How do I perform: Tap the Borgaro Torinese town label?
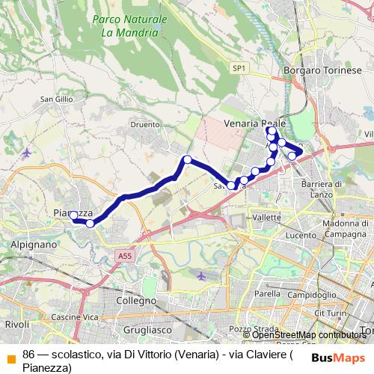point(322,70)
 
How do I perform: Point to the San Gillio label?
point(56,99)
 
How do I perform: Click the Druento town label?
point(145,125)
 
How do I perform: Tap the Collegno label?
point(136,300)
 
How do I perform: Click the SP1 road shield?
point(239,68)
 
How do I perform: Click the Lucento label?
point(301,235)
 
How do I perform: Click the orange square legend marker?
point(10,355)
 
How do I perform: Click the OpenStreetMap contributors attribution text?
point(309,335)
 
